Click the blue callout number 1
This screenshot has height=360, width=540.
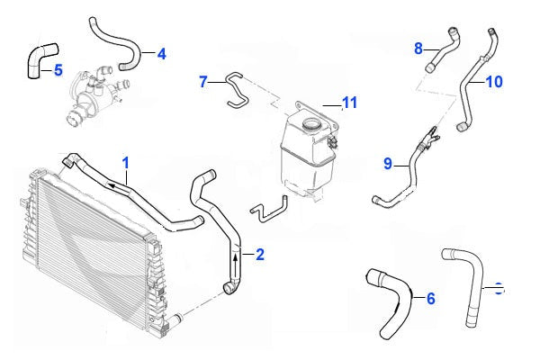pos(126,163)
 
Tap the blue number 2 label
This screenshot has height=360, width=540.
pos(260,255)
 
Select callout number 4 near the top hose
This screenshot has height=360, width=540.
pos(161,54)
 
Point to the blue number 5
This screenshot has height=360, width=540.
pos(58,69)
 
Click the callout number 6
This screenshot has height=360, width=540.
pos(430,298)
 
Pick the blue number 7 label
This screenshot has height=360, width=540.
pos(204,82)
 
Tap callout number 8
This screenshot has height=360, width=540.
pos(418,48)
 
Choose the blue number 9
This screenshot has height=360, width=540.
pos(388,164)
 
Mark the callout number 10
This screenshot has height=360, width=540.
pos(494,82)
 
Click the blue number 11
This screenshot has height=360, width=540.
pos(349,103)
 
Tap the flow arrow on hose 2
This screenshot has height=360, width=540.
pos(236,261)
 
